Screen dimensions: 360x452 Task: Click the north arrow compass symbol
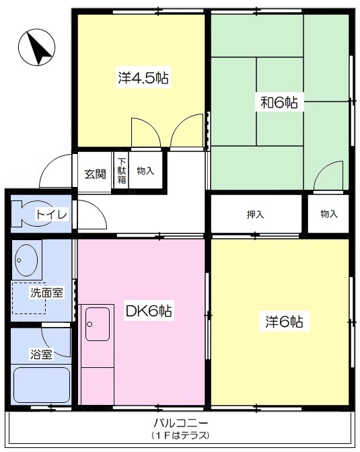pos(36,47)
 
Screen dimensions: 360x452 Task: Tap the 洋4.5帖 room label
pos(143,77)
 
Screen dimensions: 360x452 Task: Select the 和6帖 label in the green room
pos(279,102)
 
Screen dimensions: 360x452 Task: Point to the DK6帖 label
pos(149,311)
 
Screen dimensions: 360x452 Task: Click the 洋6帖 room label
pos(284,322)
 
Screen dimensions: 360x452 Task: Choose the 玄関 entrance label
pos(95,174)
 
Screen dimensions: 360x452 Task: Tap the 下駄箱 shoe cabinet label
pos(121,171)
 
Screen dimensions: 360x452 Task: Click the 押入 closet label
pos(255,215)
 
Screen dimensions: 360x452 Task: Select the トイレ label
pos(51,214)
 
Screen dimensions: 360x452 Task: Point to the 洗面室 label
pos(47,293)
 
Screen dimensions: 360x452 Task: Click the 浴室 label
pos(42,354)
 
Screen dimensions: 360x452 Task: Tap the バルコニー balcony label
pos(180,423)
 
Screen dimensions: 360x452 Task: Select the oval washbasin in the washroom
pos(26,260)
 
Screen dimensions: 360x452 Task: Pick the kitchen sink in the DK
pos(98,324)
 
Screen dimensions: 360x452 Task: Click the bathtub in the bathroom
pos(41,385)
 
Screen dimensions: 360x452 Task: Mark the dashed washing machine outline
pos(29,298)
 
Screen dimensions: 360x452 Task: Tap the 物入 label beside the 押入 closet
pos(329,214)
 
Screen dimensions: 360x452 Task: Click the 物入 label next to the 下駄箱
pos(145,171)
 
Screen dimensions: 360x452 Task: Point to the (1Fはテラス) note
pos(180,435)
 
